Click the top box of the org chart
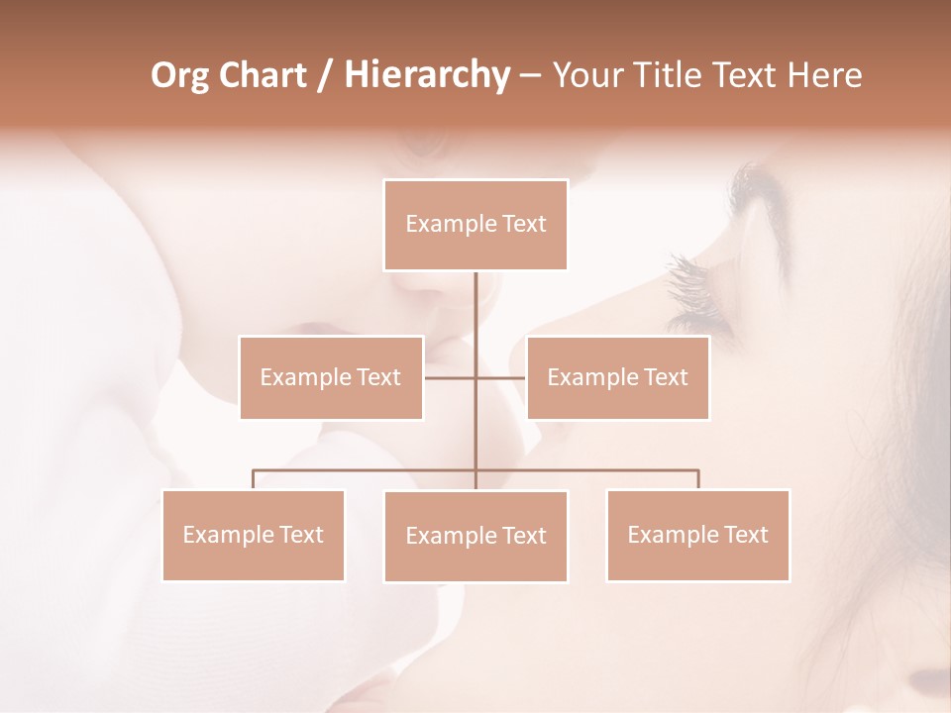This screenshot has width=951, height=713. click(x=475, y=225)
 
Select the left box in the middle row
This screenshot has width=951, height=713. click(x=331, y=377)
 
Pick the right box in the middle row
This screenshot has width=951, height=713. click(x=617, y=377)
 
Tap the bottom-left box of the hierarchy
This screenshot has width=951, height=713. click(x=253, y=535)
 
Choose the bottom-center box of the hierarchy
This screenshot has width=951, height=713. click(x=475, y=536)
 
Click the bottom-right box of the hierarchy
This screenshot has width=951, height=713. click(x=697, y=535)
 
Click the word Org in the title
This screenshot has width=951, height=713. click(x=179, y=75)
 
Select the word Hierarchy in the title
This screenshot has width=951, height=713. click(x=427, y=75)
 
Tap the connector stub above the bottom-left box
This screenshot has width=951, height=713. click(x=253, y=479)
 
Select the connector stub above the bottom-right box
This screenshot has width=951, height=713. click(x=698, y=479)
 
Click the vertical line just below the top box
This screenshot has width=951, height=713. click(x=475, y=297)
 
